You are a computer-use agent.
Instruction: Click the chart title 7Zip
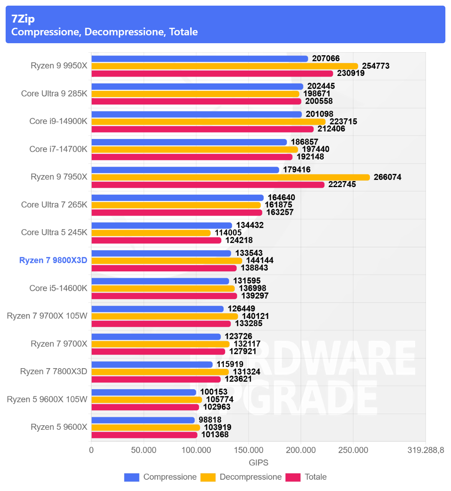click(23, 19)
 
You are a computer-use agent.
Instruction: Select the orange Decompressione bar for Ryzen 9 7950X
click(230, 177)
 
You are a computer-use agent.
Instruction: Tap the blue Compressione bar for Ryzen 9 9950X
click(200, 59)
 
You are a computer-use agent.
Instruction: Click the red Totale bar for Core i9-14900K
click(202, 129)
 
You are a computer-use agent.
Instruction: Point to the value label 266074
click(387, 177)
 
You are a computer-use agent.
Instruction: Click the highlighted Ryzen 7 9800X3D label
click(53, 260)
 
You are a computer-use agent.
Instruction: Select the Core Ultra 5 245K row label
click(54, 233)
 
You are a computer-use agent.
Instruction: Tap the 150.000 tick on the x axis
click(248, 450)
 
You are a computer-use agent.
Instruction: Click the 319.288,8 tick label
click(425, 450)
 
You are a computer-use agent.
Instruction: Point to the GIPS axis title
click(259, 462)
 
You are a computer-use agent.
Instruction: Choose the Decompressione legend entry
click(250, 477)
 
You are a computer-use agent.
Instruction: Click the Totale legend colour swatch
click(293, 477)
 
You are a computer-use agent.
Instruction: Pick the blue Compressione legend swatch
click(132, 477)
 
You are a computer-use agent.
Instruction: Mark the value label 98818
click(210, 420)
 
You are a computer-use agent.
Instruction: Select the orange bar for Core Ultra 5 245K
click(151, 233)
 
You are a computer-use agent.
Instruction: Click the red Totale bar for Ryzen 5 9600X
click(144, 435)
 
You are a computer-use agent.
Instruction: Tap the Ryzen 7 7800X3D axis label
click(53, 372)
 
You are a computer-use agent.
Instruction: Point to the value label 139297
click(255, 296)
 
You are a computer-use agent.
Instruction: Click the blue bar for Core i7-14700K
click(189, 142)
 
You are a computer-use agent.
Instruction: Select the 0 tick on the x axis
click(91, 450)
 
